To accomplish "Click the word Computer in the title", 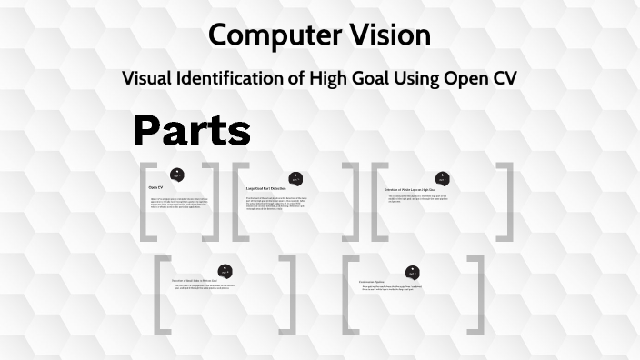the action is tap(265, 35).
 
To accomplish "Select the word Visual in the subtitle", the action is tap(150, 78).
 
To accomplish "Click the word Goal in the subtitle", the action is tap(370, 78).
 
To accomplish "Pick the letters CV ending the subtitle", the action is tap(503, 78).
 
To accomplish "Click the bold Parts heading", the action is tap(192, 131).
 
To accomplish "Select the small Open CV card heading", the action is tap(156, 187).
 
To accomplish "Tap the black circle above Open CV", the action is tap(177, 173).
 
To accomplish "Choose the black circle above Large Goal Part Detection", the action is tap(295, 178).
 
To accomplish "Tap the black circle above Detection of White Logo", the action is tap(441, 177).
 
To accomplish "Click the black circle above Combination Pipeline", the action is tap(414, 271).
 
